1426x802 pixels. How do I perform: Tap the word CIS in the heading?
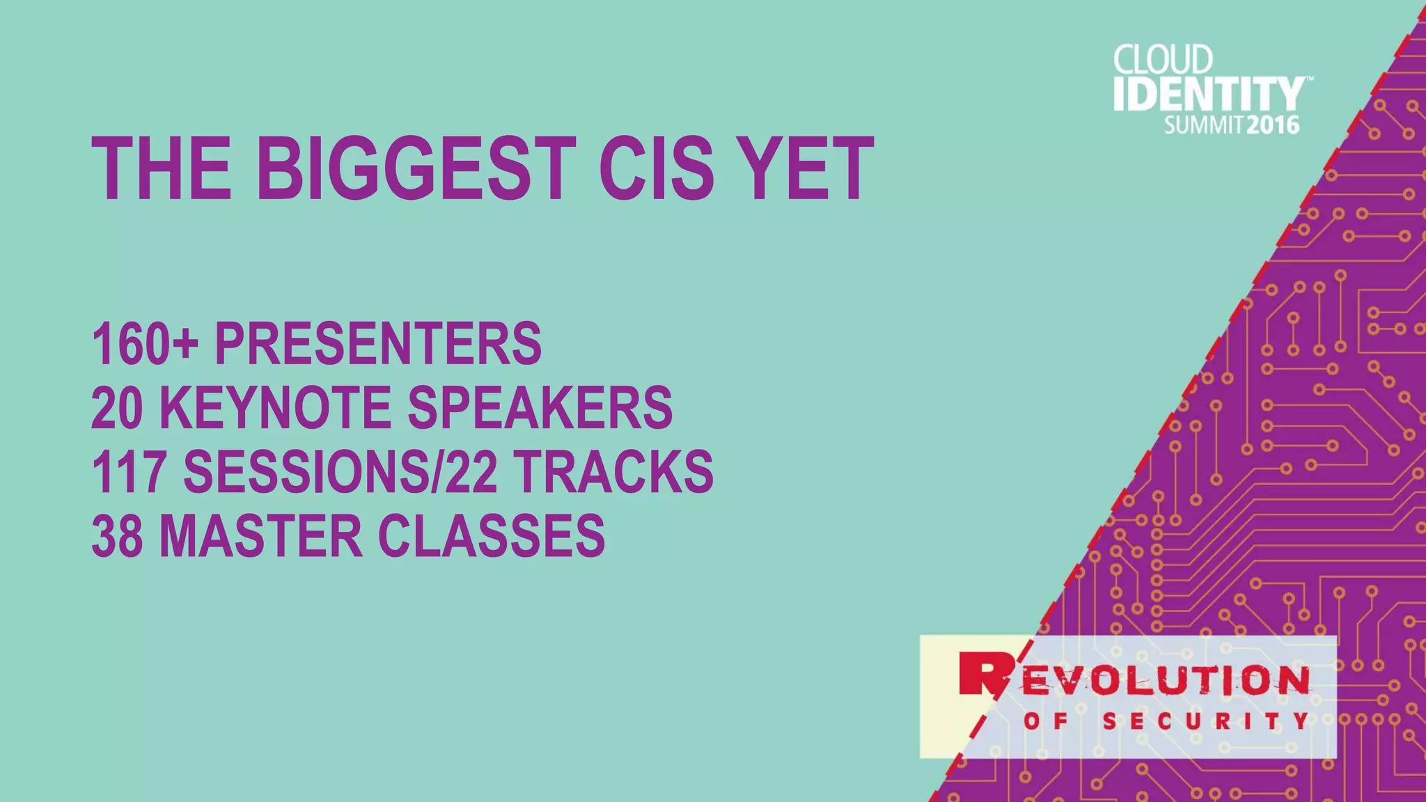pos(657,169)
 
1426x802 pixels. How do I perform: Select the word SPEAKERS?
pos(540,408)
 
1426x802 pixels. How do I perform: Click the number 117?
pos(129,472)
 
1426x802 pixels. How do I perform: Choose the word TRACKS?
pos(614,472)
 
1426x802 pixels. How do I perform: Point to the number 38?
pos(117,536)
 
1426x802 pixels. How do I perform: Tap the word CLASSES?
pos(492,536)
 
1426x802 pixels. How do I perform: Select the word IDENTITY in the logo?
pos(1209,94)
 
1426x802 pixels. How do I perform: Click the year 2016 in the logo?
pos(1273,125)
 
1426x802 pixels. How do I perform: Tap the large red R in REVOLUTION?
pos(982,674)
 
